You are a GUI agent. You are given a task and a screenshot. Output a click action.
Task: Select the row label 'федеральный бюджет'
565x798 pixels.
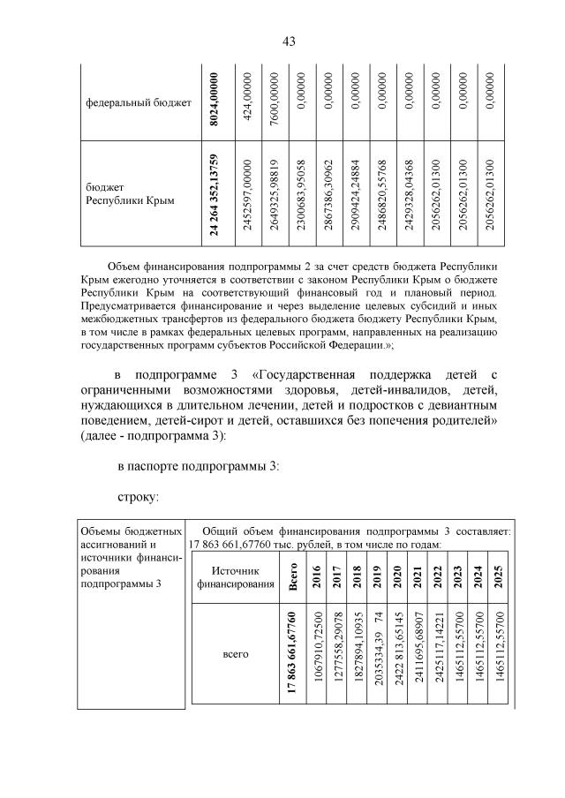[x=138, y=103]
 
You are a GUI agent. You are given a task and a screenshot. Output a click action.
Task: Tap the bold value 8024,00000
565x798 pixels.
[x=213, y=103]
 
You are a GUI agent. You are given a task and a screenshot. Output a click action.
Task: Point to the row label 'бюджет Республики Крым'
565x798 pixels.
[x=130, y=194]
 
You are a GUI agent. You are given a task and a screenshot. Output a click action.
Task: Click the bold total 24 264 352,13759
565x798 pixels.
[x=213, y=194]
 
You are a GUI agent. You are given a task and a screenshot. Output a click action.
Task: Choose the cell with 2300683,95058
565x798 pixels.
[x=302, y=194]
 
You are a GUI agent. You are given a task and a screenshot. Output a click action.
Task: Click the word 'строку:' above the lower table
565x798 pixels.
[x=138, y=498]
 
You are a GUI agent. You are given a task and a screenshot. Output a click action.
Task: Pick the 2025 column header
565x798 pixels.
[x=499, y=577]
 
